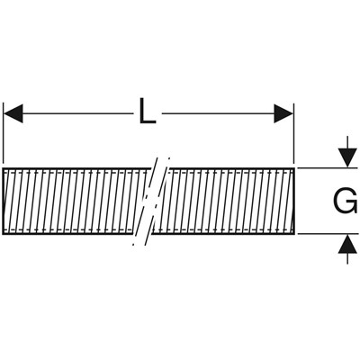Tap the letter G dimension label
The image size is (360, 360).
click(x=346, y=201)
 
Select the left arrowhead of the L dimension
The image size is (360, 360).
click(x=13, y=113)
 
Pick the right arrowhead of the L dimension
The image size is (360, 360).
click(x=283, y=113)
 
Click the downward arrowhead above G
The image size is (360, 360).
click(x=347, y=158)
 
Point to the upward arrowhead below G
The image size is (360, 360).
click(x=347, y=244)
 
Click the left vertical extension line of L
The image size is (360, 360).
click(x=4, y=132)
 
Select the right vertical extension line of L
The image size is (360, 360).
click(x=293, y=132)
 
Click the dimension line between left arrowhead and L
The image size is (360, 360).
click(x=78, y=113)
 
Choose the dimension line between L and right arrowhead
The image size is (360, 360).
click(x=218, y=113)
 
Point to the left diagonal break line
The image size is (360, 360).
click(x=145, y=201)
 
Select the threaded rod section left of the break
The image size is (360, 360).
click(x=75, y=201)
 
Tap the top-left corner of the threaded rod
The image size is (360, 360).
click(x=3, y=168)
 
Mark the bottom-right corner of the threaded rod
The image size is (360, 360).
click(x=295, y=234)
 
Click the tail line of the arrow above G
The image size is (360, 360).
click(x=347, y=143)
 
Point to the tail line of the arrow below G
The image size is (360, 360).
click(x=347, y=258)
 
